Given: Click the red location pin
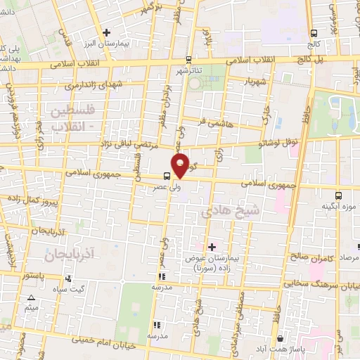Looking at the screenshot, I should point(181,165).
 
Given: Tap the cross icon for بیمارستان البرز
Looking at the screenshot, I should point(106,32).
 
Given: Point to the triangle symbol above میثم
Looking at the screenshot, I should point(30,298).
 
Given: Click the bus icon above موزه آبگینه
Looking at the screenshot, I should point(339,195).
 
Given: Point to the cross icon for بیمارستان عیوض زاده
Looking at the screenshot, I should point(212,247).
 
